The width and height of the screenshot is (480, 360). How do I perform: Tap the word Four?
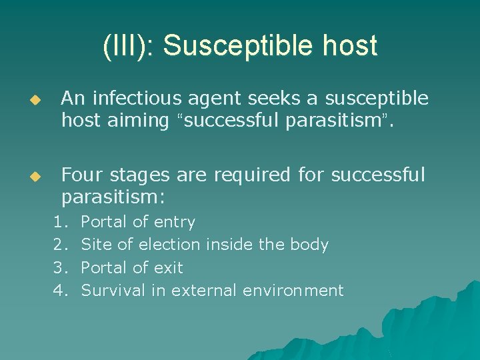pyautogui.click(x=81, y=175)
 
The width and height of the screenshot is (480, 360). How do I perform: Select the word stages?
pyautogui.click(x=137, y=175)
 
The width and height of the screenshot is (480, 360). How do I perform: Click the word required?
pyautogui.click(x=246, y=175)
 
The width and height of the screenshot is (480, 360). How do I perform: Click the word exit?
pyautogui.click(x=168, y=267)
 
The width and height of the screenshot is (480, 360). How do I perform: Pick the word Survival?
pyautogui.click(x=108, y=290)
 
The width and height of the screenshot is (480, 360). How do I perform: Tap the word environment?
pyautogui.click(x=293, y=290)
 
